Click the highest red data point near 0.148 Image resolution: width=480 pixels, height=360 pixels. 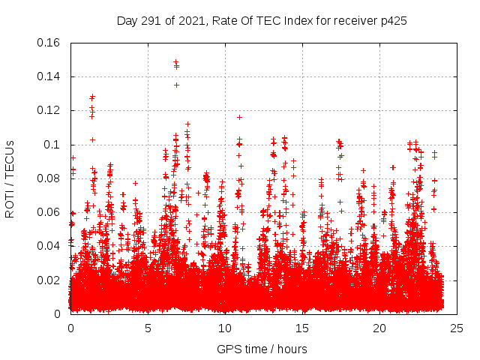tap(175, 62)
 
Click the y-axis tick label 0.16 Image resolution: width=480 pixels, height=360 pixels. tap(49, 43)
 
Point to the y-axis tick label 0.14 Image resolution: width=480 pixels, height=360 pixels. tap(49, 76)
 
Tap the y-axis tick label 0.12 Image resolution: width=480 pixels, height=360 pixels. tap(49, 110)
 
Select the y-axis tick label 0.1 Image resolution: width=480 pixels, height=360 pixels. tap(52, 145)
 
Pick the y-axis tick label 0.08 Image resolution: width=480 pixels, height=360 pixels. tap(49, 178)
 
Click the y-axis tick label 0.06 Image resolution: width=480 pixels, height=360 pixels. tap(49, 212)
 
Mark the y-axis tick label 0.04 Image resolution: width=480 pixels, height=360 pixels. tap(49, 246)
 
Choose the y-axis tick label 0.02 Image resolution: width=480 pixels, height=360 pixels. tap(49, 280)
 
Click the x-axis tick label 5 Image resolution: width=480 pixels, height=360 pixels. tap(148, 328)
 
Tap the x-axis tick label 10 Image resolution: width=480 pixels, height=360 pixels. tap(225, 328)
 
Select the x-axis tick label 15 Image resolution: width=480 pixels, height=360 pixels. tap(302, 328)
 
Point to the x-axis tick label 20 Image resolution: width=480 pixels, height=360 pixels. tap(379, 328)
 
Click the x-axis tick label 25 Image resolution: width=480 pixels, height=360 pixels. tap(457, 328)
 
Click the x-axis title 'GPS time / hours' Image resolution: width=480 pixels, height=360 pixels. tap(262, 349)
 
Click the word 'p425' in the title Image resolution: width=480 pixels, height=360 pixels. tap(392, 21)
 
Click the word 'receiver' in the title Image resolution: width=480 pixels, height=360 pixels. tap(352, 21)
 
